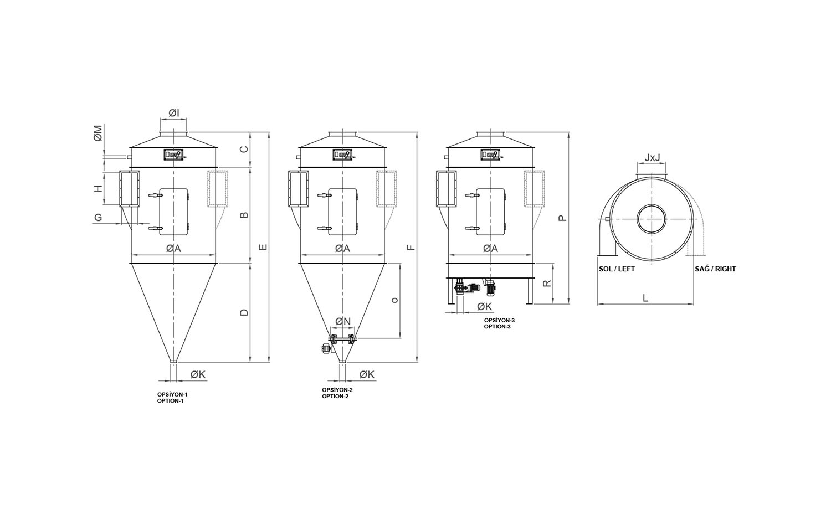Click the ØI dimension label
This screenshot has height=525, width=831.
pyautogui.click(x=173, y=114)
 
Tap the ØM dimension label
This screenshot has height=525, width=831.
pyautogui.click(x=98, y=133)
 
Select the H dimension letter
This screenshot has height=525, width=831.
pyautogui.click(x=98, y=188)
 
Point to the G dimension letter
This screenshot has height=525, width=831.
pyautogui.click(x=98, y=217)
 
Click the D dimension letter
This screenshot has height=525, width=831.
pyautogui.click(x=244, y=312)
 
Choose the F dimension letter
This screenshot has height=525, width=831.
pyautogui.click(x=411, y=248)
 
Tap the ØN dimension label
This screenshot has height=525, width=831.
pyautogui.click(x=343, y=321)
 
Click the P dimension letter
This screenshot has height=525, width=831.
pyautogui.click(x=563, y=218)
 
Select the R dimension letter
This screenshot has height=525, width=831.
pyautogui.click(x=547, y=283)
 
